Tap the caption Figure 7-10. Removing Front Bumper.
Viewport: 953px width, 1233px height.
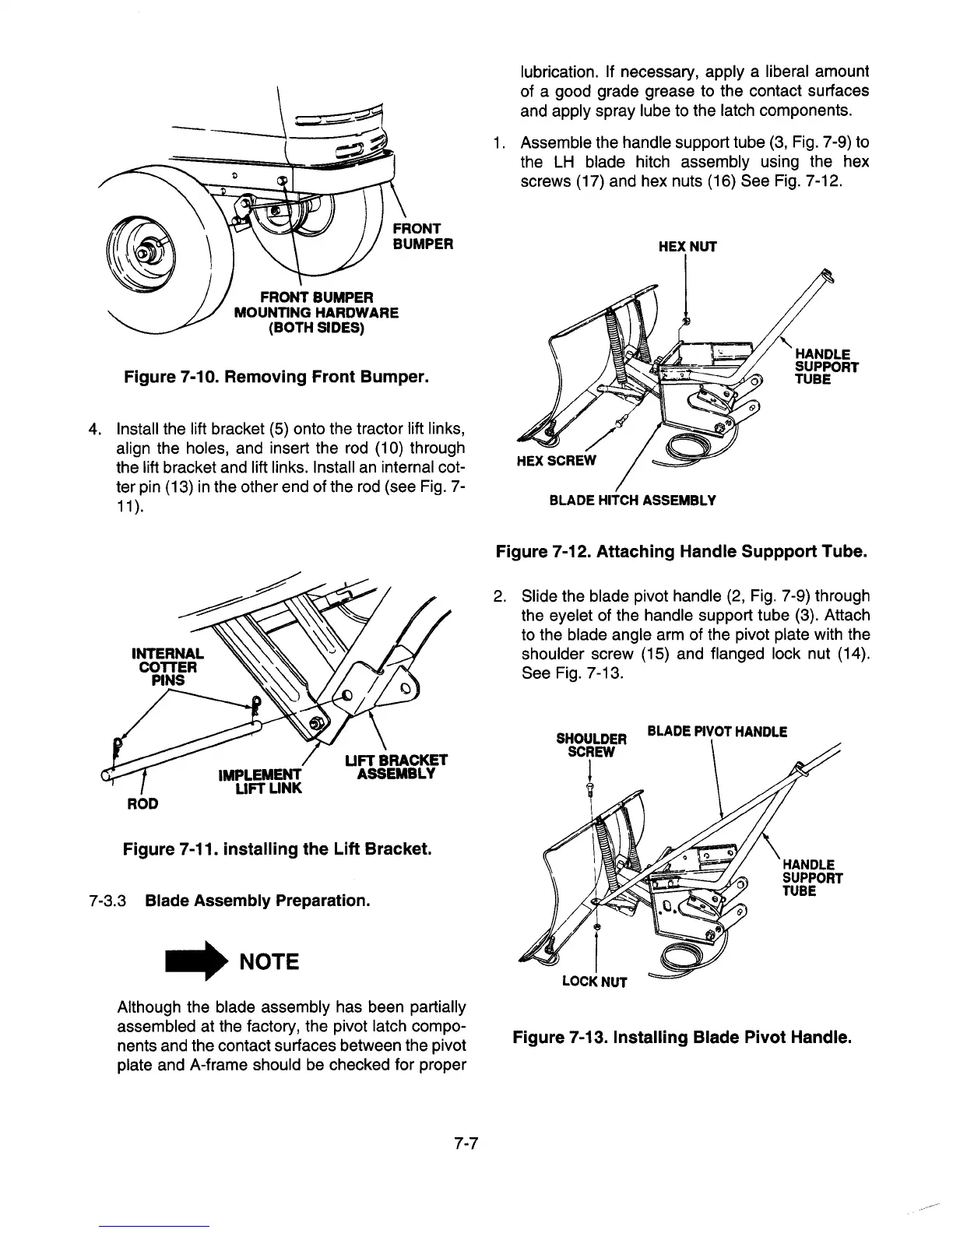click(276, 379)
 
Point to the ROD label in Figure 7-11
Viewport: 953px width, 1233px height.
click(143, 803)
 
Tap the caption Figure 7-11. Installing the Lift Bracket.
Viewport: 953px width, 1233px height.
click(276, 848)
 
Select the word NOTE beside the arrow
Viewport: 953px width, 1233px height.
click(269, 962)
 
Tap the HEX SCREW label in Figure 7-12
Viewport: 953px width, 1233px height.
click(556, 460)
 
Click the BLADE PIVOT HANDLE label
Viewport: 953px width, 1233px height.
click(717, 732)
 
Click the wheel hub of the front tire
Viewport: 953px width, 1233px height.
click(143, 255)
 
